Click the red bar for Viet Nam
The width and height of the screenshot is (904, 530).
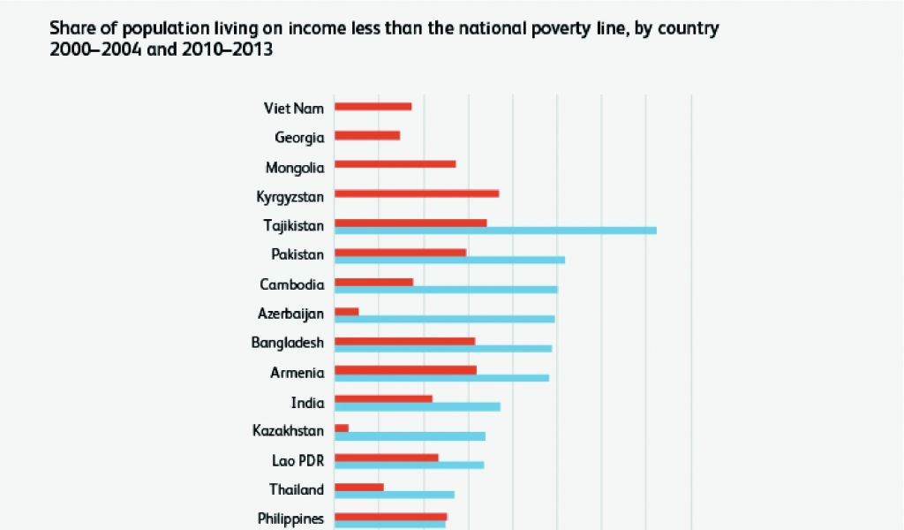pyautogui.click(x=373, y=107)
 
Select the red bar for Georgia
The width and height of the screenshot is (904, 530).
pyautogui.click(x=367, y=135)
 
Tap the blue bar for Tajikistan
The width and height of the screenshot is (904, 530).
pyautogui.click(x=495, y=231)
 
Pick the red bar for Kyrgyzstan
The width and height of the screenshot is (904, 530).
pyautogui.click(x=417, y=193)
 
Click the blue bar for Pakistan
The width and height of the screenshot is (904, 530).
pyautogui.click(x=449, y=260)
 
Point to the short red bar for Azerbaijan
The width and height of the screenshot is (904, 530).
pyautogui.click(x=347, y=312)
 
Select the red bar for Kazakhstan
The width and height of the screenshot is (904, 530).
pyautogui.click(x=342, y=428)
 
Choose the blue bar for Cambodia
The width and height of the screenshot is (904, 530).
pyautogui.click(x=446, y=290)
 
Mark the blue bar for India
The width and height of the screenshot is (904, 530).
pyautogui.click(x=418, y=406)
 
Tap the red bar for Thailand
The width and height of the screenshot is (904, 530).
pyautogui.click(x=359, y=487)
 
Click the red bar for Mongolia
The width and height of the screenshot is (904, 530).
pyautogui.click(x=395, y=164)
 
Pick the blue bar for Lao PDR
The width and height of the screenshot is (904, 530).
pyautogui.click(x=410, y=465)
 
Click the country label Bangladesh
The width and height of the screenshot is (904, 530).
pyautogui.click(x=288, y=343)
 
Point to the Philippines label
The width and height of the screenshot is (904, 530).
pyautogui.click(x=290, y=519)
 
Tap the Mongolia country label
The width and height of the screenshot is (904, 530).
pyautogui.click(x=295, y=167)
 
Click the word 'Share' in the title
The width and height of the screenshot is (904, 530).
pyautogui.click(x=71, y=29)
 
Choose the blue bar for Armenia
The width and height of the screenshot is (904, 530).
pyautogui.click(x=441, y=378)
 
